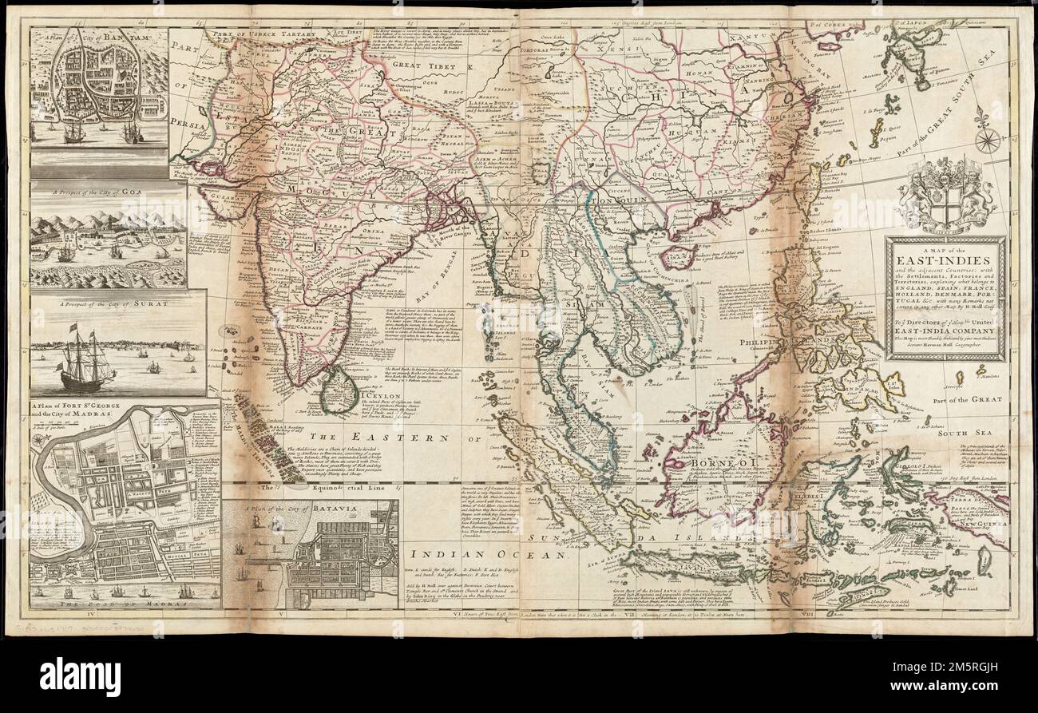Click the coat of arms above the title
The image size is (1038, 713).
(946, 196)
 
